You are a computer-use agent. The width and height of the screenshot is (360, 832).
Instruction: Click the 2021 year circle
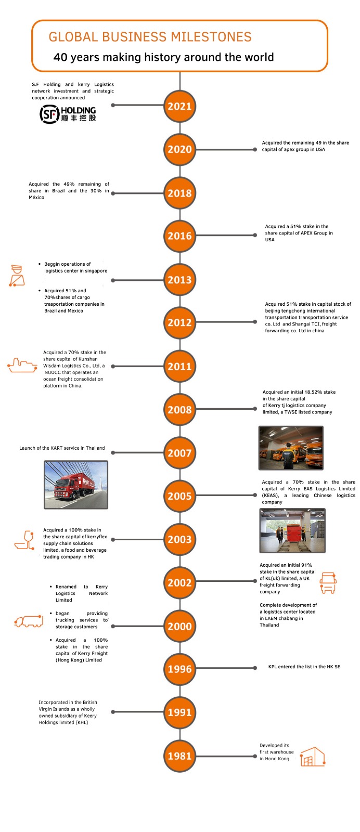pyautogui.click(x=179, y=107)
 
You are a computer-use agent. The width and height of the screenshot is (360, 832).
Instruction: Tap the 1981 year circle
pyautogui.click(x=179, y=756)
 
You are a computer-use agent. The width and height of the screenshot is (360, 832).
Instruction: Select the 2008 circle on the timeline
pyautogui.click(x=179, y=410)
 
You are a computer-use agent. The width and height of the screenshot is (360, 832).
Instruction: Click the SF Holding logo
pyautogui.click(x=68, y=113)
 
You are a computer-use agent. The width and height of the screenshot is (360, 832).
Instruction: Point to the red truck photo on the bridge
pyautogui.click(x=76, y=485)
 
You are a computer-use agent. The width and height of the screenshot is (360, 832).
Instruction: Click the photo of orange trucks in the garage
pyautogui.click(x=291, y=448)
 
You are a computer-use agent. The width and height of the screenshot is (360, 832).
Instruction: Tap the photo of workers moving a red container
pyautogui.click(x=292, y=530)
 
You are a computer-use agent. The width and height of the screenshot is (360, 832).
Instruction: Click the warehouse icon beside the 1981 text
pyautogui.click(x=312, y=757)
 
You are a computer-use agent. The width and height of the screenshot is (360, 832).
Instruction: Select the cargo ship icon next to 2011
pyautogui.click(x=22, y=366)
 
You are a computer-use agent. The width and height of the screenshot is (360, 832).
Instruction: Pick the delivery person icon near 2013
pyautogui.click(x=17, y=276)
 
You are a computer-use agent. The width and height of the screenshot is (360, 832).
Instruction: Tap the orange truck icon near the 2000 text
pyautogui.click(x=29, y=621)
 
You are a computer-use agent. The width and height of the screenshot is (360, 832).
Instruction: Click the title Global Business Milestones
pyautogui.click(x=150, y=37)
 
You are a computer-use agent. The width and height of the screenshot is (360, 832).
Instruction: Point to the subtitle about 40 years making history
pyautogui.click(x=163, y=57)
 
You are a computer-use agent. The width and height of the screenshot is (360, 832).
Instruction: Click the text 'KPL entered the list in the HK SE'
pyautogui.click(x=304, y=667)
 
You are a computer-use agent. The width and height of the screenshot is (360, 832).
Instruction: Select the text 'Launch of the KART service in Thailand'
pyautogui.click(x=62, y=448)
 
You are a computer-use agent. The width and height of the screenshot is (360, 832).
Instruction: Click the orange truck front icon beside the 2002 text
pyautogui.click(x=328, y=583)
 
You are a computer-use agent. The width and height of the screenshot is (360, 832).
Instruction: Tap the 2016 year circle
pyautogui.click(x=179, y=236)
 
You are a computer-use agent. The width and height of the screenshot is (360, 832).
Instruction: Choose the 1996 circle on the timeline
pyautogui.click(x=179, y=669)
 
